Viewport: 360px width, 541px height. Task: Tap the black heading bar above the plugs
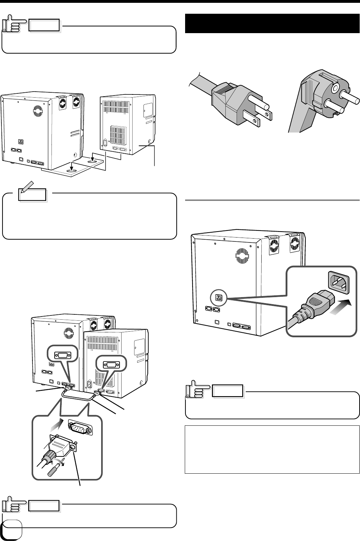271,24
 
